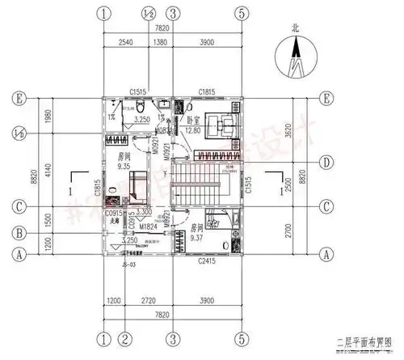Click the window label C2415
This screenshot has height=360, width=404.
point(207,261)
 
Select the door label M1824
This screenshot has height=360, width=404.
point(147,227)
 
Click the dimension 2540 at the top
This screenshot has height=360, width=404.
point(125,41)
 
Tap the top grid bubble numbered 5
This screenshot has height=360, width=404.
point(241,14)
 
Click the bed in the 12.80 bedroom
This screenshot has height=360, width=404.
point(219,124)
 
